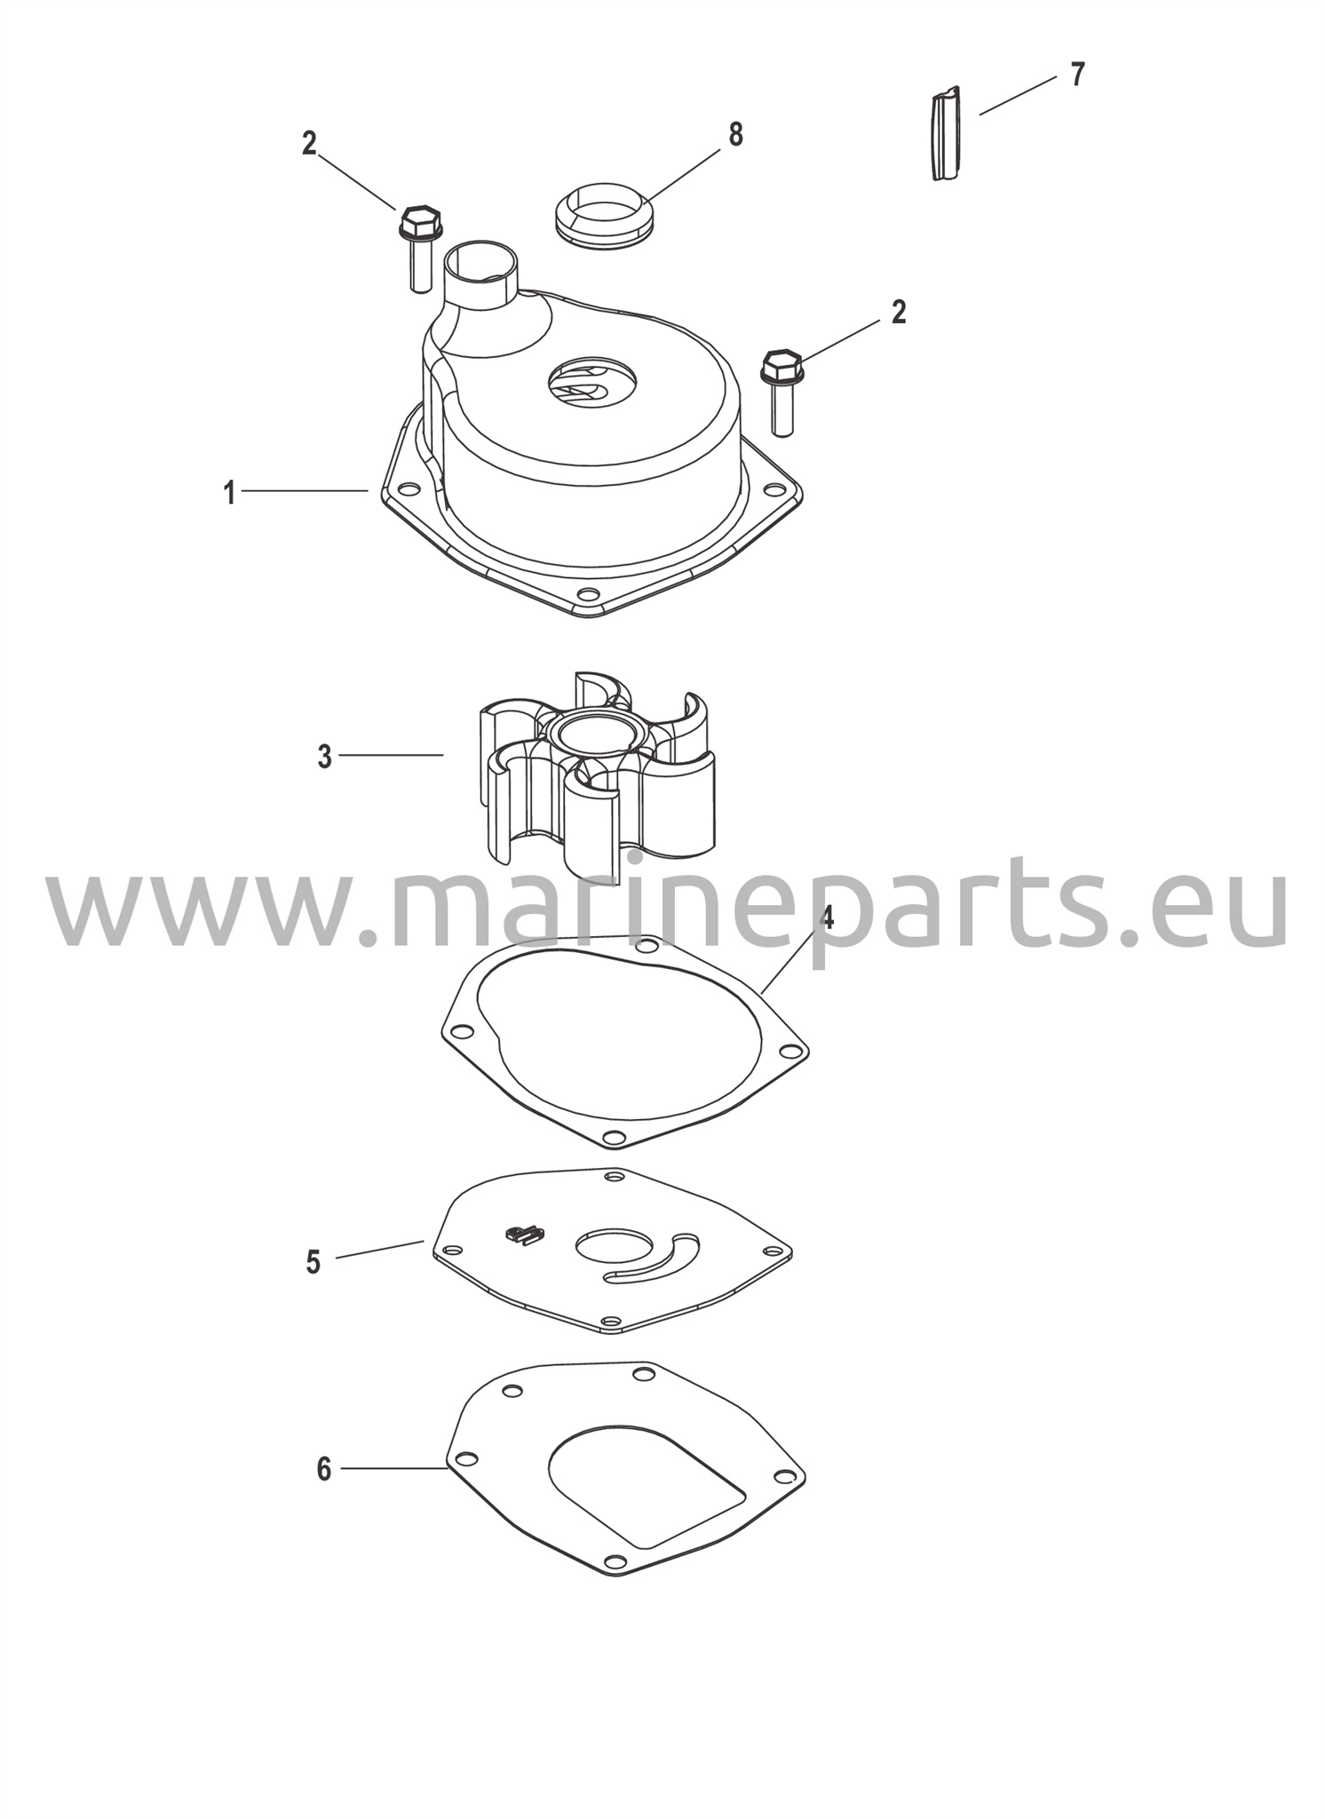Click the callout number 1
[229, 493]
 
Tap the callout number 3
[325, 757]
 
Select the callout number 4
[827, 917]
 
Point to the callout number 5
[313, 1262]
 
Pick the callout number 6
[324, 1469]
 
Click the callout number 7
[1077, 75]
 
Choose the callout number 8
[735, 135]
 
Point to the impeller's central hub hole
[593, 735]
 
